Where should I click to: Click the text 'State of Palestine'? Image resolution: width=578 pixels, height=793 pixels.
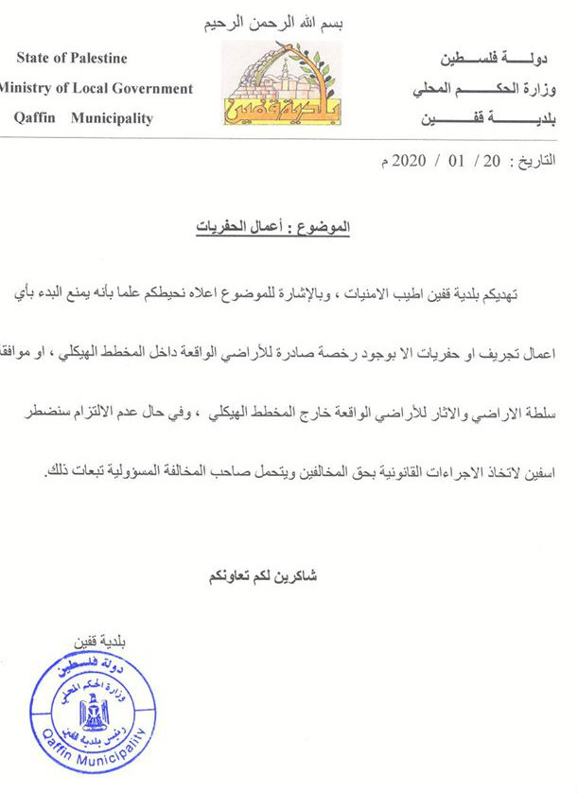[x=72, y=59]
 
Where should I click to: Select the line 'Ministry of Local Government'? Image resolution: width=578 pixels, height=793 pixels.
[x=96, y=89]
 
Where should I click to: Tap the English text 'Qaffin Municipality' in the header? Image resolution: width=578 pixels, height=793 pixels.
[x=84, y=118]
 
